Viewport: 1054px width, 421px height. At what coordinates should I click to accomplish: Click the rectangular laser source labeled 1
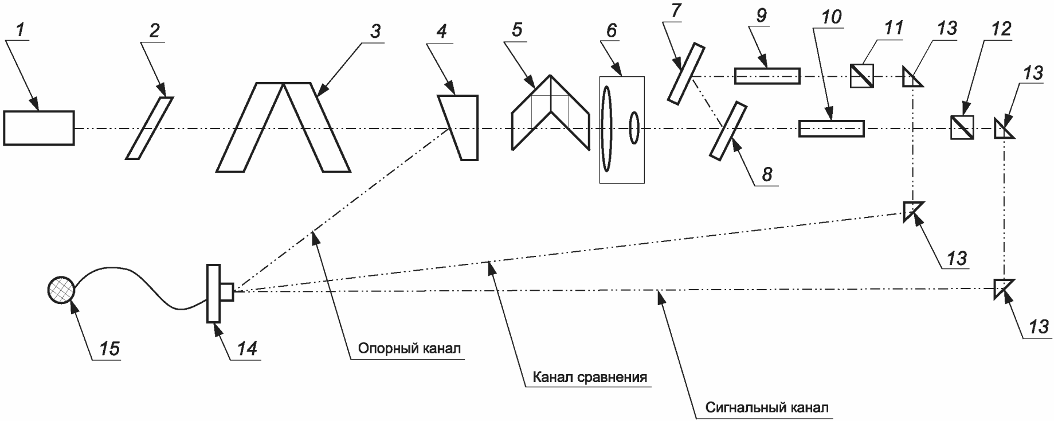coord(38,128)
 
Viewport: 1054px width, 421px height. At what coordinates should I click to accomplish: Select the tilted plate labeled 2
coord(149,128)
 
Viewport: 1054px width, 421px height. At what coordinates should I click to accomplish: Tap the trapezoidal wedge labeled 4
coord(459,127)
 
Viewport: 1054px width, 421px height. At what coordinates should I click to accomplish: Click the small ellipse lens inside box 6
coord(634,127)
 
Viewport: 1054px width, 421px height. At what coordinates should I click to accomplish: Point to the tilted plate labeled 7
coord(686,73)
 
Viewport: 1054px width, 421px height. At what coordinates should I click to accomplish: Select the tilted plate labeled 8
coord(728,130)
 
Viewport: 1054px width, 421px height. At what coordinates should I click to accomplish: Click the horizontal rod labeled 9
coord(767,76)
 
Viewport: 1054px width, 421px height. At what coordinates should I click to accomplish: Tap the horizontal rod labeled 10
coord(831,128)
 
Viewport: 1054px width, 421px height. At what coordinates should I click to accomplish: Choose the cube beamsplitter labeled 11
coord(861,76)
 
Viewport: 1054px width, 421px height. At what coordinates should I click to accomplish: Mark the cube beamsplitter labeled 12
coord(962,127)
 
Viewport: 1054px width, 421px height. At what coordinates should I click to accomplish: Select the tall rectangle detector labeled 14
coord(214,293)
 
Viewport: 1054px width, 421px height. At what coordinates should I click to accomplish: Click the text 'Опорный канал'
coord(409,348)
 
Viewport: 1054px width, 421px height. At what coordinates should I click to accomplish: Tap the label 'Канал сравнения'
coord(590,377)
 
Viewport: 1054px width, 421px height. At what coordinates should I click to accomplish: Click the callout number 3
coord(375,31)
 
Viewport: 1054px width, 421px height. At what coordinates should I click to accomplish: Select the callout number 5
coord(517,30)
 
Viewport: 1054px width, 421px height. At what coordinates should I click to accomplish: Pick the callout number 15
coord(109,348)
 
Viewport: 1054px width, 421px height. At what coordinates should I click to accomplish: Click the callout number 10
coord(831,17)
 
